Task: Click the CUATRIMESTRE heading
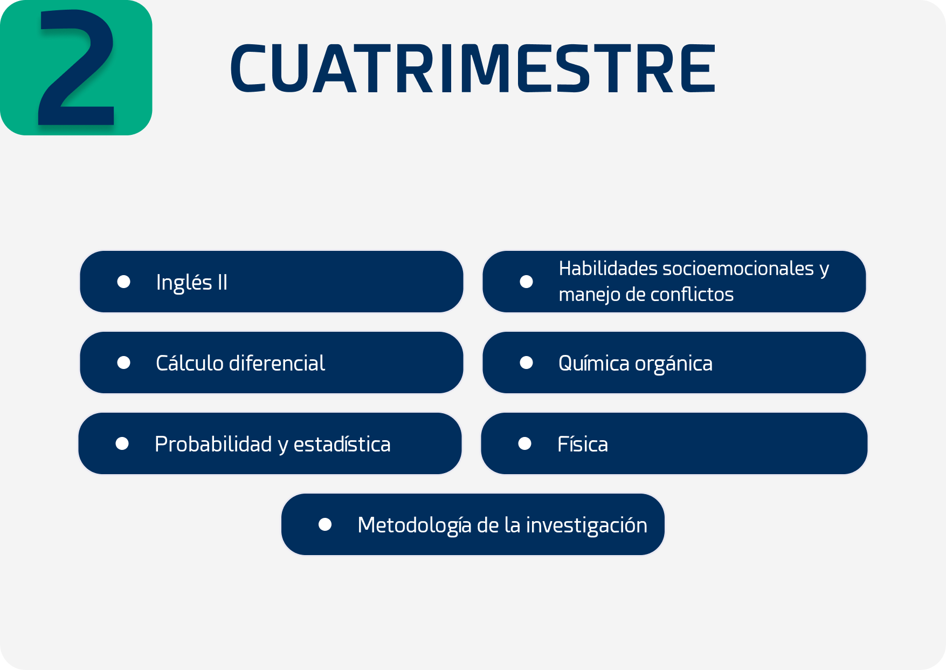pyautogui.click(x=473, y=69)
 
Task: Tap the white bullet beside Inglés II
pyautogui.click(x=123, y=282)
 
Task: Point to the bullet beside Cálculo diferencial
pyautogui.click(x=123, y=363)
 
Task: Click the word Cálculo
pyautogui.click(x=190, y=363)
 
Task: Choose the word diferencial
pyautogui.click(x=277, y=363)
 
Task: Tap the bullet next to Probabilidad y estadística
pyautogui.click(x=122, y=443)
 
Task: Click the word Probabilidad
pyautogui.click(x=213, y=444)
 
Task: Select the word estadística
pyautogui.click(x=342, y=444)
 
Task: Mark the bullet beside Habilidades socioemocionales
pyautogui.click(x=526, y=282)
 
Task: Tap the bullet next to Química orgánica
pyautogui.click(x=526, y=363)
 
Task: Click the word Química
pyautogui.click(x=594, y=364)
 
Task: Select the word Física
pyautogui.click(x=583, y=444)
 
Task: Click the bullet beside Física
pyautogui.click(x=525, y=443)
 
